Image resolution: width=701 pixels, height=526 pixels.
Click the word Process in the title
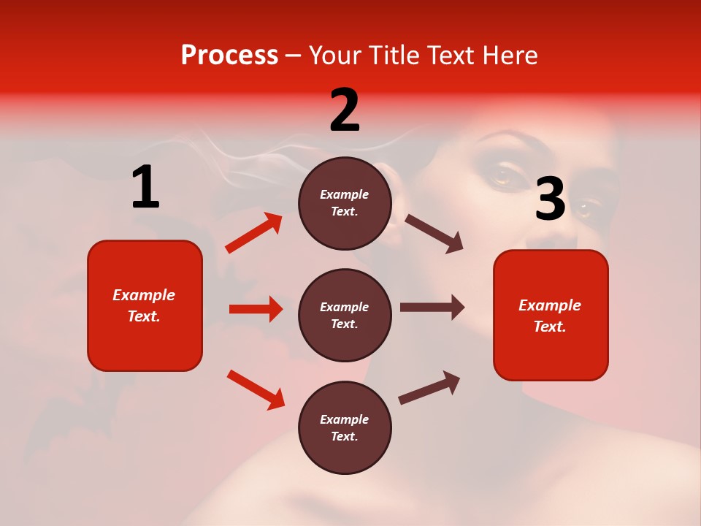coord(229,56)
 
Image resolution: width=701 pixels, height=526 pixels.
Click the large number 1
coord(145,188)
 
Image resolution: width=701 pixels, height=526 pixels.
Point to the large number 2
coord(345,110)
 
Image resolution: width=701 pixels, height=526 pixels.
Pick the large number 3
coord(551,199)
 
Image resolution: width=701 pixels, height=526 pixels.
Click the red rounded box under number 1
coord(145,305)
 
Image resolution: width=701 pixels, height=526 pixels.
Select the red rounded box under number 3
coord(551,316)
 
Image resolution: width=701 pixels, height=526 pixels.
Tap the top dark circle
coord(345,203)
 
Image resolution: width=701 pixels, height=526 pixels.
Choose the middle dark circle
coord(345,316)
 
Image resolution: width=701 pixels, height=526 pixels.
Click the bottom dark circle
coord(345,428)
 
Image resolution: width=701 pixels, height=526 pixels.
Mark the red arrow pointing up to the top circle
coord(254,233)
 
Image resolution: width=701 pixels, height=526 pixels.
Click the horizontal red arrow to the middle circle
coord(256,309)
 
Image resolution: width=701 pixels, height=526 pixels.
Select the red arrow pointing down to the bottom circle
coord(256,389)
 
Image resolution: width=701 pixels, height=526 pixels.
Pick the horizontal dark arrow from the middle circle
coord(432,308)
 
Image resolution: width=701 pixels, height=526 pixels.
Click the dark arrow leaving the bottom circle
coord(429,388)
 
